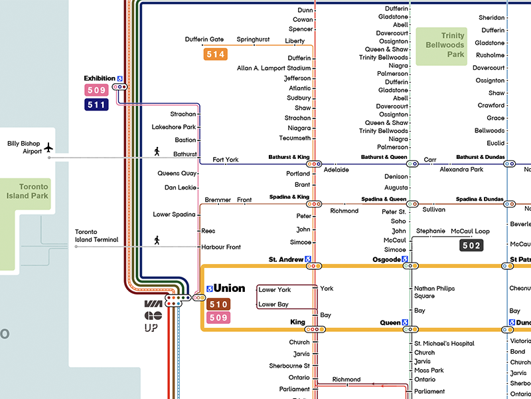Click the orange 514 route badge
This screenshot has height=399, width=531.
(216, 55)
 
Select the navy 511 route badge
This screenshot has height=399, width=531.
(96, 104)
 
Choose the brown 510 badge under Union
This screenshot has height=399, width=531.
(219, 305)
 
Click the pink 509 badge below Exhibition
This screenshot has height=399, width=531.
(96, 90)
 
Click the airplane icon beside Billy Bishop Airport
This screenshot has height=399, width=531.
(48, 147)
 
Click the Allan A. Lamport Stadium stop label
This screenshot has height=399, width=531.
(273, 68)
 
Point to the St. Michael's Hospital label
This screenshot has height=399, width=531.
(444, 343)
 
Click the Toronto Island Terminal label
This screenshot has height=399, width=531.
(97, 235)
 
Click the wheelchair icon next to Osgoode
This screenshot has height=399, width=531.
(405, 259)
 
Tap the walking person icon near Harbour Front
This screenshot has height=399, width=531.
(157, 239)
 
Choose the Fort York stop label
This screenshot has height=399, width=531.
(225, 160)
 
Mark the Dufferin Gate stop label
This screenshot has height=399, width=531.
(204, 40)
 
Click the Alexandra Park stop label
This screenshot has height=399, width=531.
(462, 170)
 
